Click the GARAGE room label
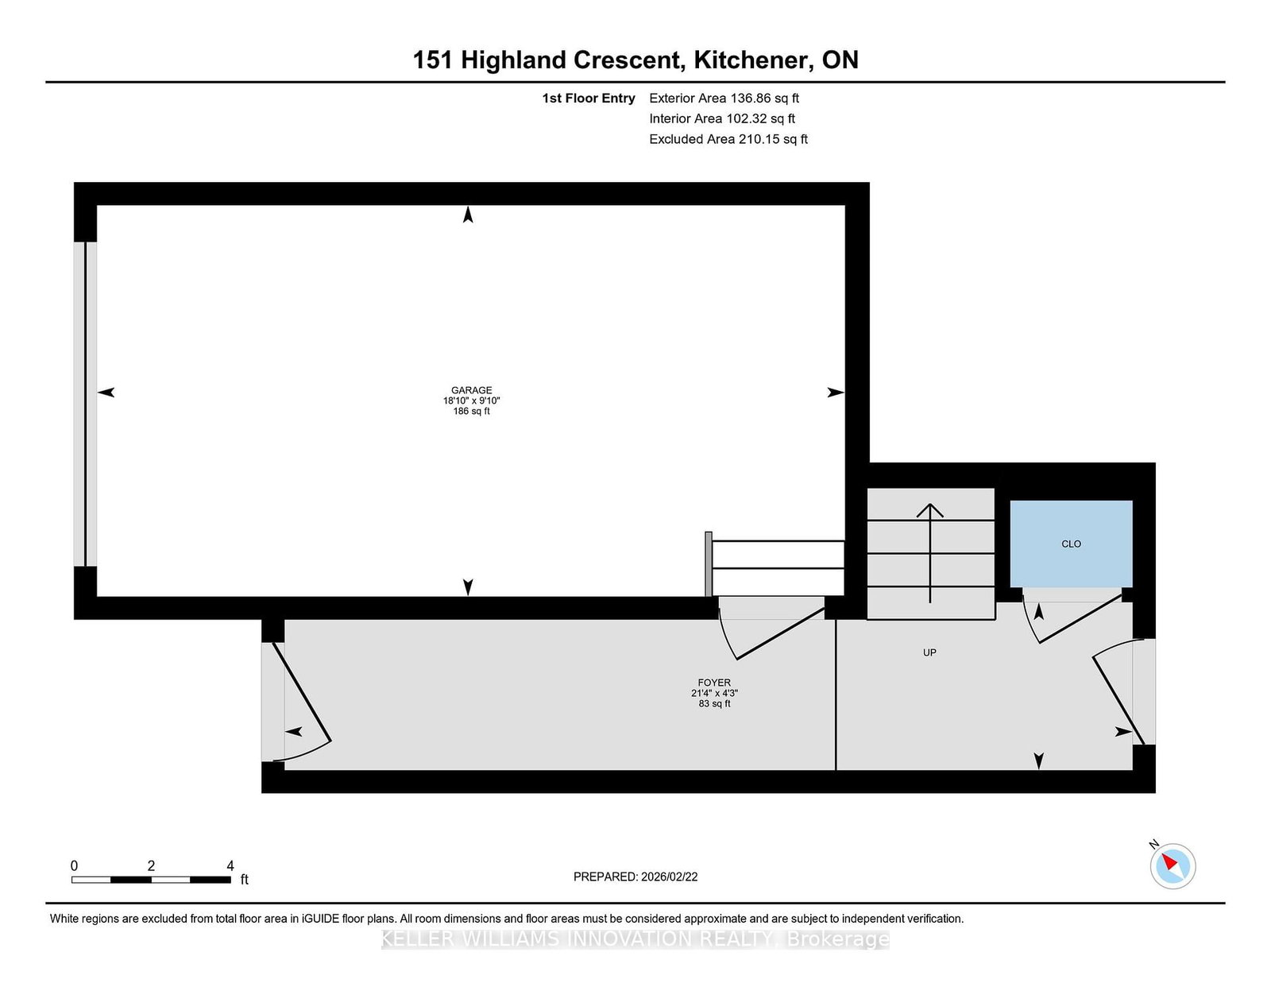pyautogui.click(x=471, y=390)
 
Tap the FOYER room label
pyautogui.click(x=714, y=683)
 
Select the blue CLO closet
pyautogui.click(x=1071, y=544)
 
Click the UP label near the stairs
pyautogui.click(x=929, y=652)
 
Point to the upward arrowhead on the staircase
pyautogui.click(x=930, y=510)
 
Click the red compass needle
pyautogui.click(x=1169, y=862)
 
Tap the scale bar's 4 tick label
pyautogui.click(x=230, y=866)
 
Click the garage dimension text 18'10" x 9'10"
pyautogui.click(x=471, y=401)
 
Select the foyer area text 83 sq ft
pyautogui.click(x=714, y=704)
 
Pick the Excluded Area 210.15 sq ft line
pyautogui.click(x=728, y=139)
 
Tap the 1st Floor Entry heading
pyautogui.click(x=589, y=99)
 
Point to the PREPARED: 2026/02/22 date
pyautogui.click(x=635, y=877)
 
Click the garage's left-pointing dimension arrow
pyautogui.click(x=106, y=392)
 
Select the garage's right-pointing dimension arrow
pyautogui.click(x=835, y=392)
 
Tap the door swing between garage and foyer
pyautogui.click(x=763, y=632)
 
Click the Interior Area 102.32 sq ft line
pyautogui.click(x=722, y=118)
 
